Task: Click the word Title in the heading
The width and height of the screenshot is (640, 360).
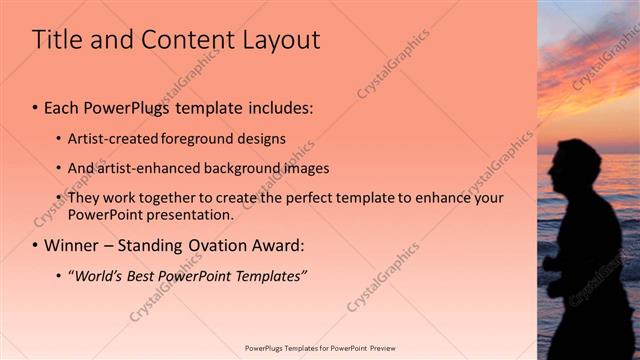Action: coord(57,40)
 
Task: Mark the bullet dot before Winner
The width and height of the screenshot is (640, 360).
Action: coord(36,246)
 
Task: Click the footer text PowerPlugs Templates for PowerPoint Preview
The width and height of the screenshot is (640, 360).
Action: coord(319,348)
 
